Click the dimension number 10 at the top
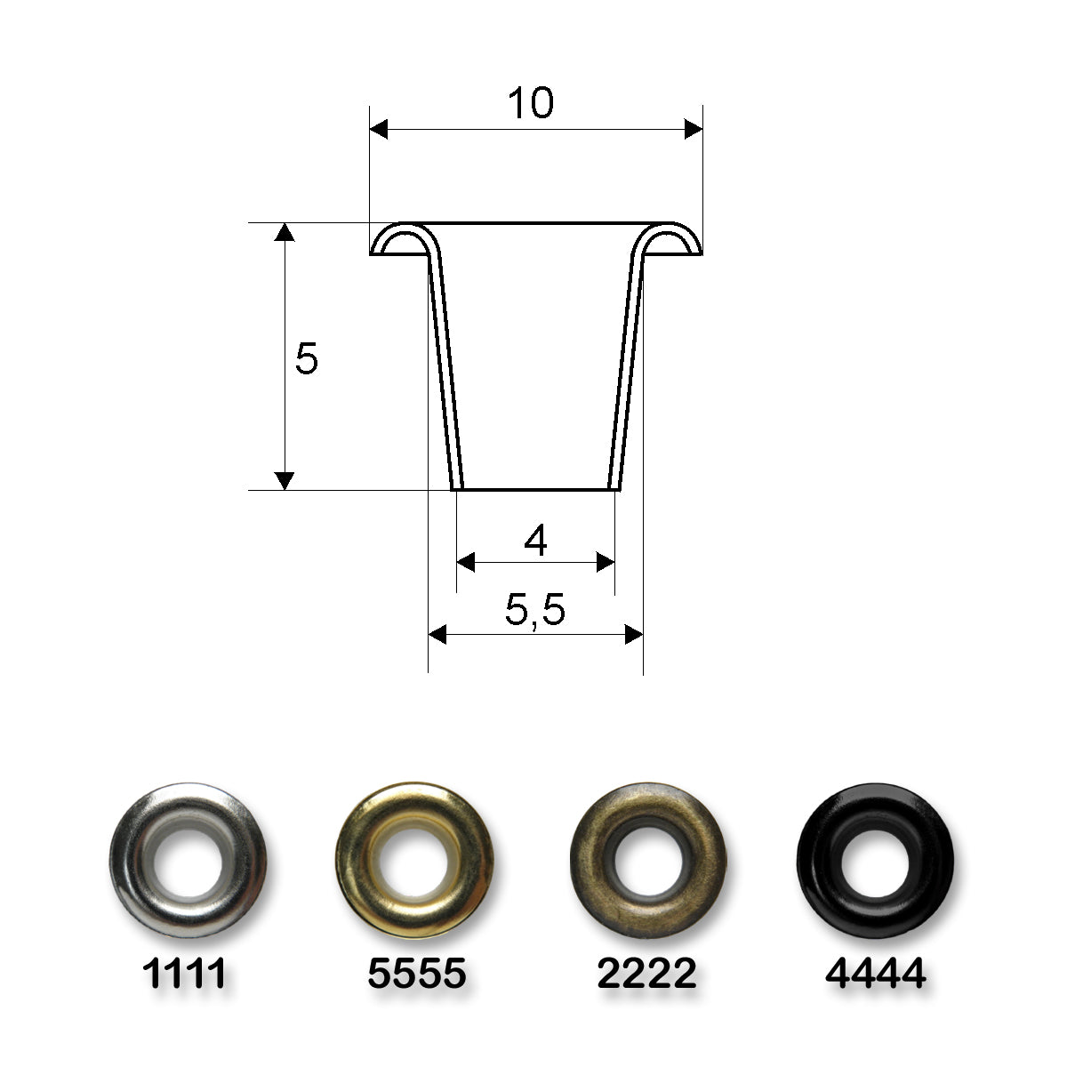(531, 104)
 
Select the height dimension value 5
(306, 359)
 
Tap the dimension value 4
(535, 541)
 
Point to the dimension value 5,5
(535, 612)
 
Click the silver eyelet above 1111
(188, 861)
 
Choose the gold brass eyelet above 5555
(414, 861)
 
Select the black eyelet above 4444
(875, 861)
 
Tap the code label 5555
(416, 975)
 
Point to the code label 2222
(646, 975)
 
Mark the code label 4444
(876, 975)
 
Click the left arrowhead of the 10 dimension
(380, 131)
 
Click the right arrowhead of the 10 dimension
(693, 131)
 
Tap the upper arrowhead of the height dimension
(284, 233)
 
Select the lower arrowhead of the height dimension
(284, 480)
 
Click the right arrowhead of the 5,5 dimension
(633, 634)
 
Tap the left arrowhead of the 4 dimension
(466, 562)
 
